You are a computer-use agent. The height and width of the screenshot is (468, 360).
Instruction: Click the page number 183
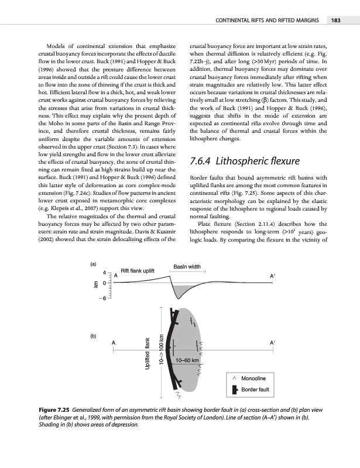click(x=335, y=20)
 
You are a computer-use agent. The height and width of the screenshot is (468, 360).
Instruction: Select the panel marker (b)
click(x=93, y=336)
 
